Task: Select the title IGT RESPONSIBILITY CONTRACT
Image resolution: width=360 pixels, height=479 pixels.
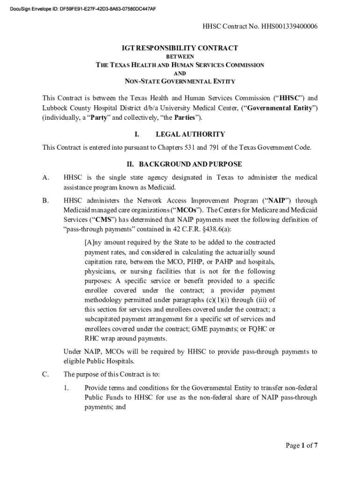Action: (180, 48)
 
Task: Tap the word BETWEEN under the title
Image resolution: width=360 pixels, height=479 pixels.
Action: (180, 57)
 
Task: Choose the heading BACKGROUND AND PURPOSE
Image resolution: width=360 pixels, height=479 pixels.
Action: (189, 164)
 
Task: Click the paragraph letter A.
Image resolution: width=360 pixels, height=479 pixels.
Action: (46, 178)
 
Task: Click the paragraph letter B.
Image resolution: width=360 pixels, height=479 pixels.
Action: (46, 201)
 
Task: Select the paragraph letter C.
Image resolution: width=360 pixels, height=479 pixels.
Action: (46, 374)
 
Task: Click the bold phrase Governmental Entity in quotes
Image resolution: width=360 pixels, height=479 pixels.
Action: (277, 108)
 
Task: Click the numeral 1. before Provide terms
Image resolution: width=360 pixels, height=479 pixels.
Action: (67, 388)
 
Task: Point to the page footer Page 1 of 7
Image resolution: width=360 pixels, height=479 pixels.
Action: (302, 445)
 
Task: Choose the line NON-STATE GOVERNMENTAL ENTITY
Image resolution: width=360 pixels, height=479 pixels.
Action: (180, 81)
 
